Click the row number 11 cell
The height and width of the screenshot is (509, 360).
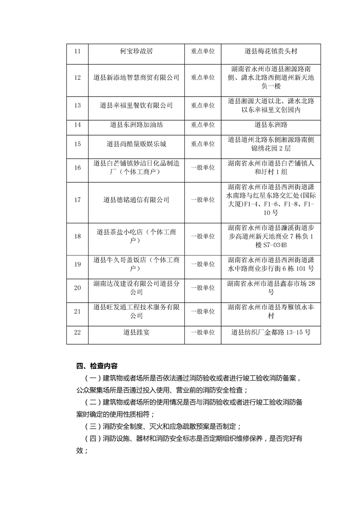(x=77, y=51)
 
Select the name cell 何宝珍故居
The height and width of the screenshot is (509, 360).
(x=136, y=51)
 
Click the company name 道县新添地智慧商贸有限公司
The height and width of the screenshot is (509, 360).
(x=136, y=78)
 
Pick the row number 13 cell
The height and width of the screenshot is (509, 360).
(x=77, y=105)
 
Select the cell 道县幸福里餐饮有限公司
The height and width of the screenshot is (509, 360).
(x=136, y=105)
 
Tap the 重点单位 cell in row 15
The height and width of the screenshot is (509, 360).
(x=202, y=144)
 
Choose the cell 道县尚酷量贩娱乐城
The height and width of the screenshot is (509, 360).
(x=136, y=144)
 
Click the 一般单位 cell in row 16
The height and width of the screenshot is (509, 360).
(x=202, y=167)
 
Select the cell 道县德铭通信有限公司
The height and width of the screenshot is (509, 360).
(x=136, y=200)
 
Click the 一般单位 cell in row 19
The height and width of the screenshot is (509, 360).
(x=202, y=264)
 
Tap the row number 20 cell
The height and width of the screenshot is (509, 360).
(x=77, y=288)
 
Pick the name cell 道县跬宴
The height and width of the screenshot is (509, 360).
(x=136, y=332)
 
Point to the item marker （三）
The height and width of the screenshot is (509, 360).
(x=93, y=426)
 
